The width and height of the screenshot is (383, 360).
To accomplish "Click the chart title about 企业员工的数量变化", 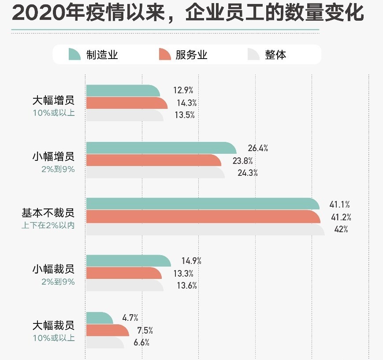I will tap(188, 14).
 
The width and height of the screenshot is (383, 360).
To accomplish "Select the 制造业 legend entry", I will tap(93, 55).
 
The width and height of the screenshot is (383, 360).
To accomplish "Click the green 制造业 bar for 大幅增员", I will tap(123, 91).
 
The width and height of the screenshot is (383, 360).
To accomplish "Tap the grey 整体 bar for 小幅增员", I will tap(155, 172).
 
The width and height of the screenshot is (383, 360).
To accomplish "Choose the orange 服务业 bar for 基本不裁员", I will tap(203, 217).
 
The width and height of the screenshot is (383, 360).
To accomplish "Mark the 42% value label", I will tap(341, 229).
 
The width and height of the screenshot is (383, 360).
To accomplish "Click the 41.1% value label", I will tap(339, 204).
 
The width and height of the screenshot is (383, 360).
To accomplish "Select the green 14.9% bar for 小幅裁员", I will tap(128, 261).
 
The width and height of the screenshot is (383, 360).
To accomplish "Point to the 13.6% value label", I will tap(186, 286).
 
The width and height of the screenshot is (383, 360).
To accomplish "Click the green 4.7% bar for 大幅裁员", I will tap(100, 317).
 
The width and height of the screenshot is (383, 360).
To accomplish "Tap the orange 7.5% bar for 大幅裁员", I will tap(107, 330).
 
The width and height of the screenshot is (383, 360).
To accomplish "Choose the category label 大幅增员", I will tap(53, 100).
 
